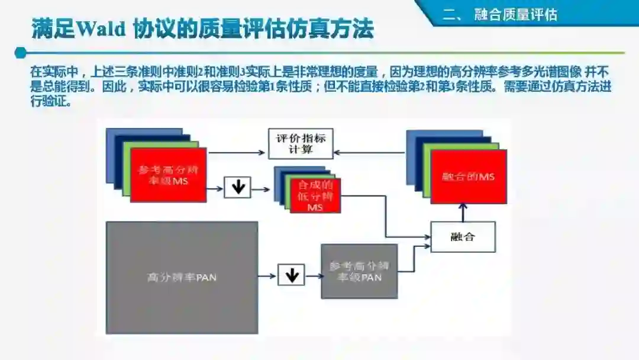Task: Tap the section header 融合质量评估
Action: pyautogui.click(x=515, y=14)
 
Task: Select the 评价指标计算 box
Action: pyautogui.click(x=301, y=144)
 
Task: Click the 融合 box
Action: pyautogui.click(x=463, y=237)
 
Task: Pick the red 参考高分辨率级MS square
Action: pyautogui.click(x=169, y=175)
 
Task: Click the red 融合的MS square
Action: pyautogui.click(x=469, y=176)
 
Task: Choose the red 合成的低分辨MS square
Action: pyautogui.click(x=315, y=195)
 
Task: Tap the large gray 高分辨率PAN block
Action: pyautogui.click(x=182, y=277)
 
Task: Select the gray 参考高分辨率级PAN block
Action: pyautogui.click(x=359, y=271)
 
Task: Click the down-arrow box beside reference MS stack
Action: pyautogui.click(x=238, y=187)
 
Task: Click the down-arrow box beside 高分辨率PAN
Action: pyautogui.click(x=291, y=275)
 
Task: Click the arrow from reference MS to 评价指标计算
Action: pyautogui.click(x=237, y=153)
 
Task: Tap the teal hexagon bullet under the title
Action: pyautogui.click(x=21, y=53)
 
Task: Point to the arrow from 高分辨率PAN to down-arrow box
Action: pyautogui.click(x=268, y=275)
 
